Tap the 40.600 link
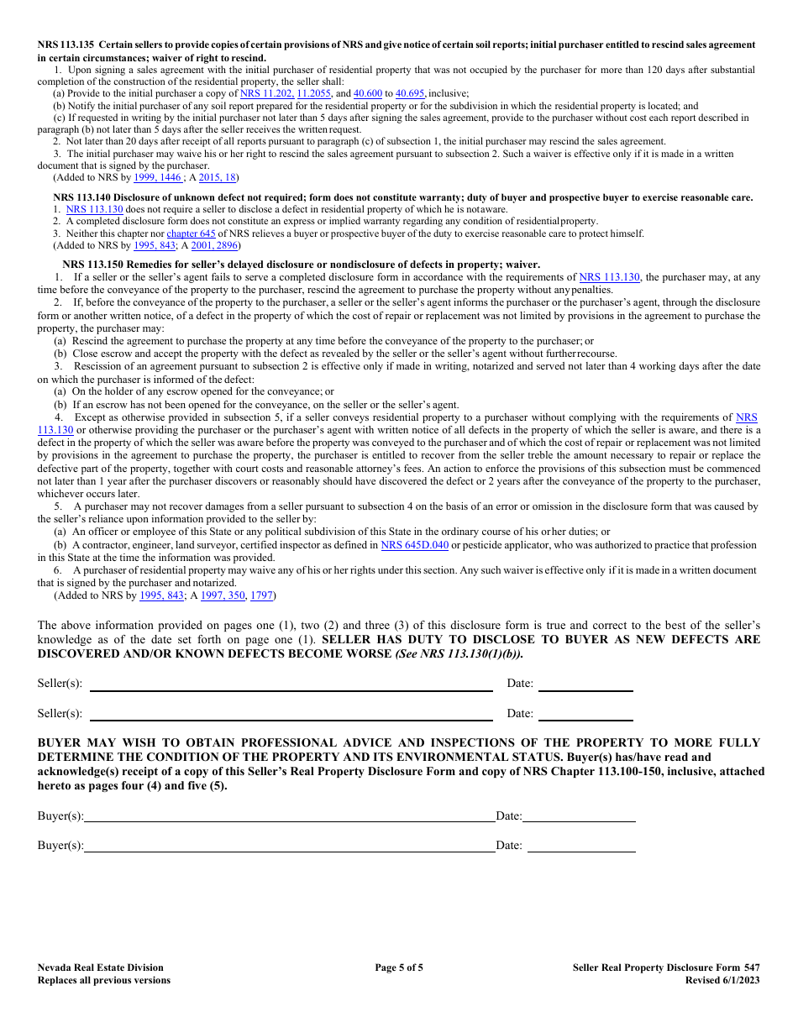pos(367,94)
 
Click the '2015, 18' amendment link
pos(217,178)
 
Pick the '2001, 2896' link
pos(214,246)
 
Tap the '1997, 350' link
pos(223,595)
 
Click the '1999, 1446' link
pos(157,178)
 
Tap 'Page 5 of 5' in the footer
pos(399,967)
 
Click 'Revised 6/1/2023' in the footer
pos(722,980)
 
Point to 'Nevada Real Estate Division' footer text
pos(101,967)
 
